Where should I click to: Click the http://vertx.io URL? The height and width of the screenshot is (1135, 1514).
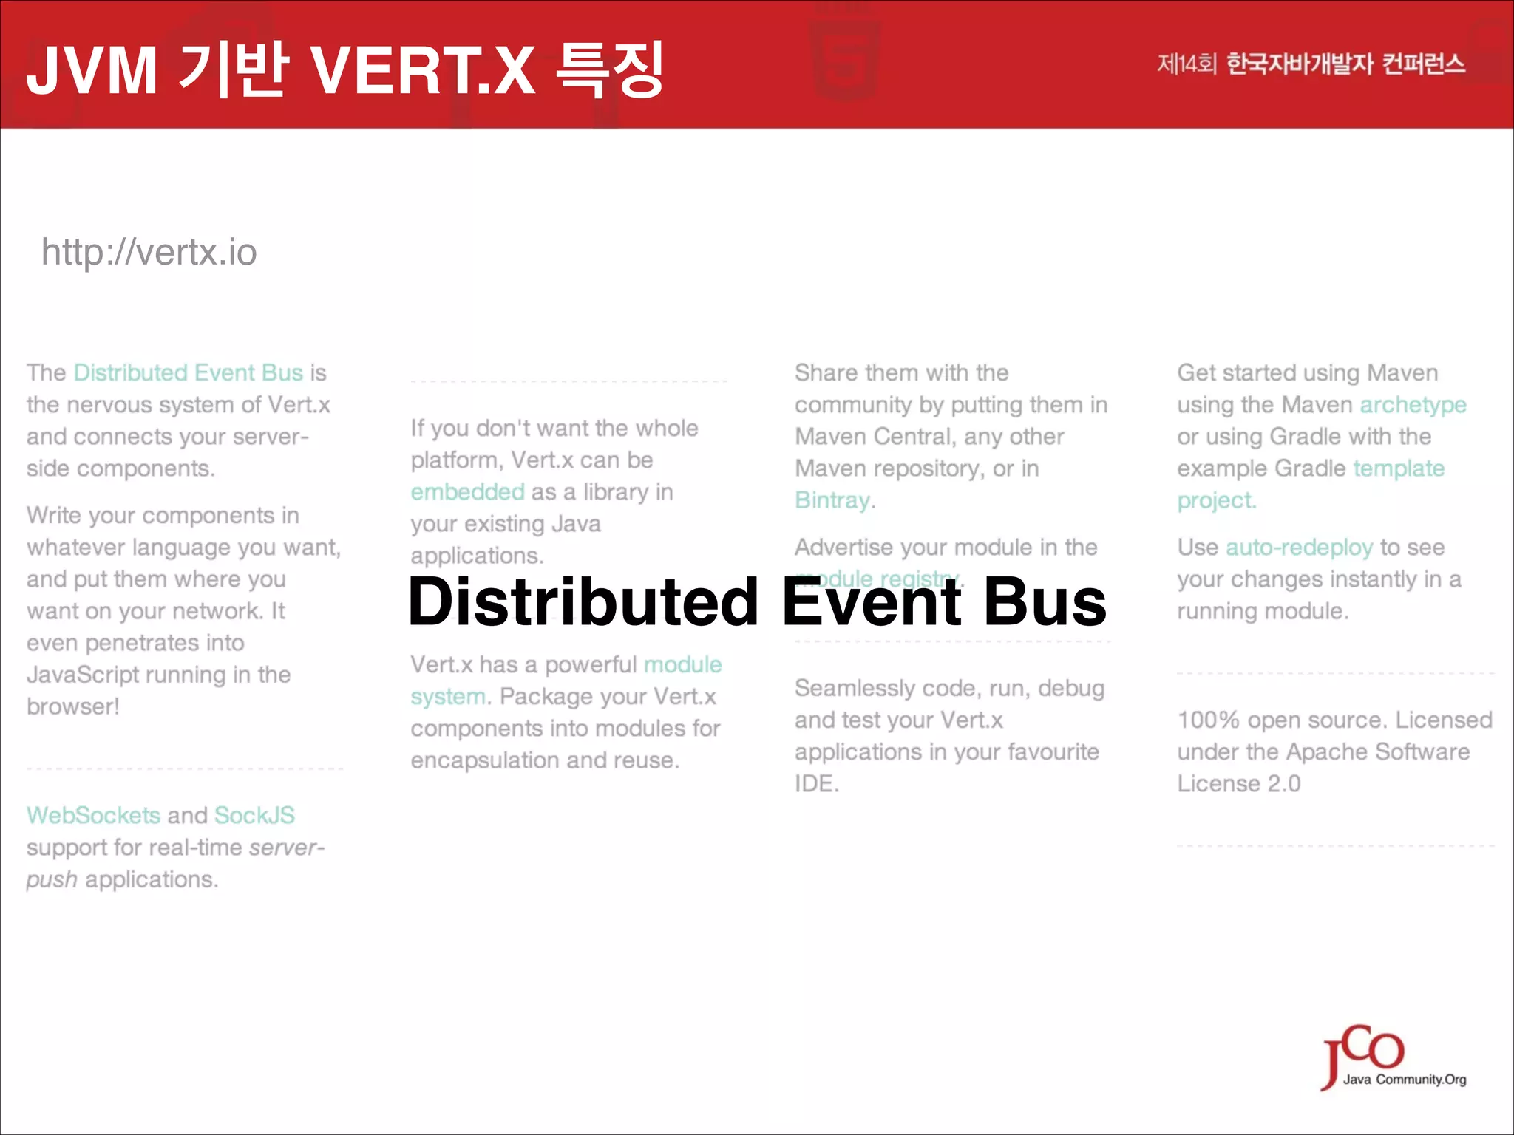[x=149, y=253]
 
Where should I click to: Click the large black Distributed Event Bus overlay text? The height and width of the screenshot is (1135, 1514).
[x=757, y=602]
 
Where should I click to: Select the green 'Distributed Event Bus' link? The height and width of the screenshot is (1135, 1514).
[x=189, y=372]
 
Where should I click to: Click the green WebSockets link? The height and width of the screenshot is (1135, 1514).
[x=93, y=815]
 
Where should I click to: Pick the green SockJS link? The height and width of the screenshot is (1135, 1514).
[x=254, y=815]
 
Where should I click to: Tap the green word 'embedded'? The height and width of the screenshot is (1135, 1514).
[x=467, y=492]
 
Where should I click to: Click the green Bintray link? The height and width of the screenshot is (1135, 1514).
[x=832, y=500]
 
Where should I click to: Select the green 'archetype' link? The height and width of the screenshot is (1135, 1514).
[x=1413, y=405]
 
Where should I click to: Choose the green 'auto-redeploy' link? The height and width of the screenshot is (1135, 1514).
[x=1299, y=548]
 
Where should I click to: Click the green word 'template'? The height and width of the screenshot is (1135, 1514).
[x=1399, y=468]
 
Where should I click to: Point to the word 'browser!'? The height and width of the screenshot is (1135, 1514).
[x=73, y=707]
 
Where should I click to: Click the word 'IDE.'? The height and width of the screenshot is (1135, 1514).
[x=817, y=784]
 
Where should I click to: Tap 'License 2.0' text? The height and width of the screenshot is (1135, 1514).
[x=1239, y=784]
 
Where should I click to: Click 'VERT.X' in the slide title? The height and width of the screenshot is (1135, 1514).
[x=423, y=71]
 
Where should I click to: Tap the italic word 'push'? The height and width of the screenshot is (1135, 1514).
[x=52, y=880]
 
